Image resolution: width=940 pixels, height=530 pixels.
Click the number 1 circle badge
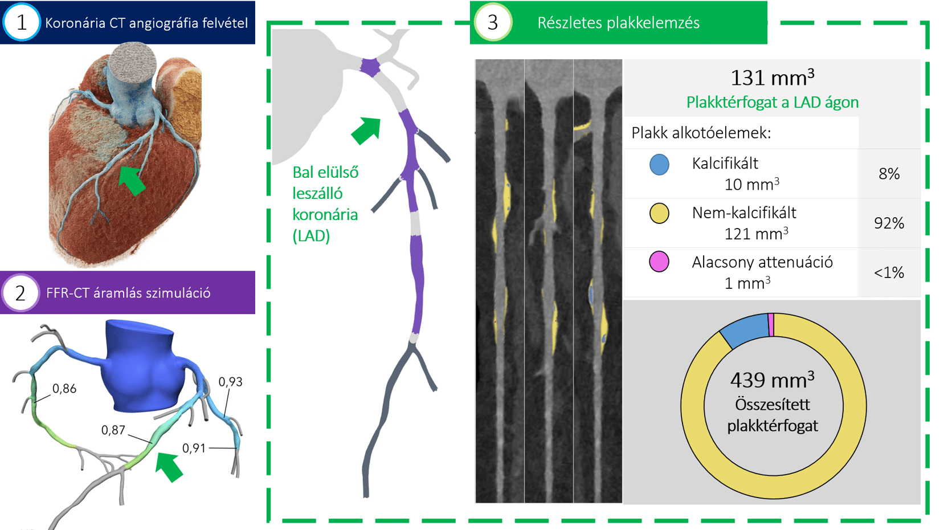22,22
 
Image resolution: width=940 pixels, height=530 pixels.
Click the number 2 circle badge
21,293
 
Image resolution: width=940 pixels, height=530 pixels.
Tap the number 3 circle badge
493,22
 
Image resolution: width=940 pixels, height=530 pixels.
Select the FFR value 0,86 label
64,389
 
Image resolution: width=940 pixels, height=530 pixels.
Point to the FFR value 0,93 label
230,382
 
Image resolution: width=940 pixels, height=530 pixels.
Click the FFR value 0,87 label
113,430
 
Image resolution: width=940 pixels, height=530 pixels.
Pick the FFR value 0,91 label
194,449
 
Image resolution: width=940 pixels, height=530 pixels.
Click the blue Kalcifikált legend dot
659,165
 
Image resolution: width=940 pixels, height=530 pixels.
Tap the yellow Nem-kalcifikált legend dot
659,214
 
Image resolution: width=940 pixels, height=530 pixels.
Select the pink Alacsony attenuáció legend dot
659,262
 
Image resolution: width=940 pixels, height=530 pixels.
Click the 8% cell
889,174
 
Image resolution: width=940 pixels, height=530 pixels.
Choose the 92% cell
889,223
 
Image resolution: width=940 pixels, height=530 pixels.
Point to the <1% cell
889,272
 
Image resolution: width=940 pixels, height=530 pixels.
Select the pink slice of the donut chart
771,324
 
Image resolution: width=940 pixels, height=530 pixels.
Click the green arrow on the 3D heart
132,181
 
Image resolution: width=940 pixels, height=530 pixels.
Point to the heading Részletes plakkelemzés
618,23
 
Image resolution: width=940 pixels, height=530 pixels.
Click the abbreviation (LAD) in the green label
311,236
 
